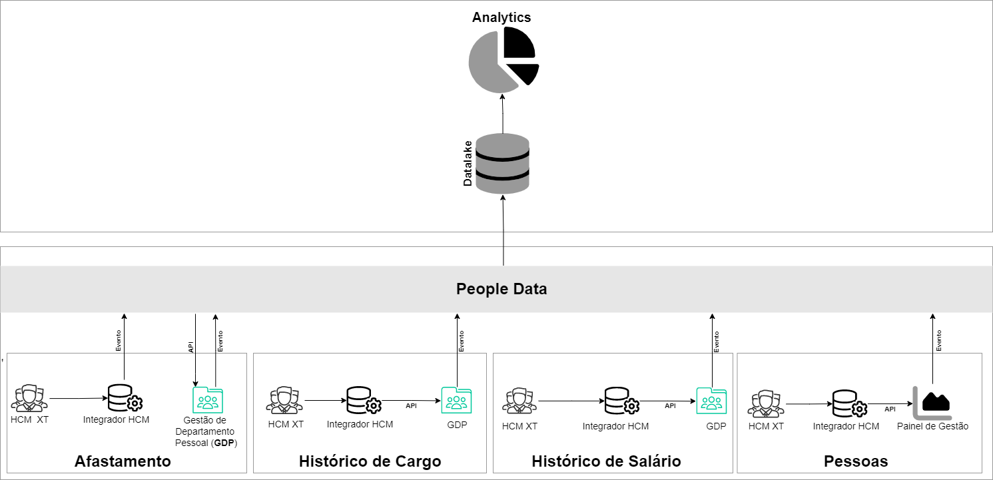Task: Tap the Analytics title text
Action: point(502,17)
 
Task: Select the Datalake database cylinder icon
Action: point(503,164)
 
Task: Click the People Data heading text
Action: point(501,289)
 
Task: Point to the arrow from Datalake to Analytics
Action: point(503,113)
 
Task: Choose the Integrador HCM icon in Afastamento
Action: point(125,398)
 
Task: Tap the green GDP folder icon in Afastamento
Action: point(208,399)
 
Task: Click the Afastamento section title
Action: point(123,461)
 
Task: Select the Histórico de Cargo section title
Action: point(370,461)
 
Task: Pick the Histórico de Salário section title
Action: point(606,461)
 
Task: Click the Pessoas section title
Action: point(856,461)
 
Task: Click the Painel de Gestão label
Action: point(932,426)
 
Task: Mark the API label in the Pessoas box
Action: point(890,409)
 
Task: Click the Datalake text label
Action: point(468,163)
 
